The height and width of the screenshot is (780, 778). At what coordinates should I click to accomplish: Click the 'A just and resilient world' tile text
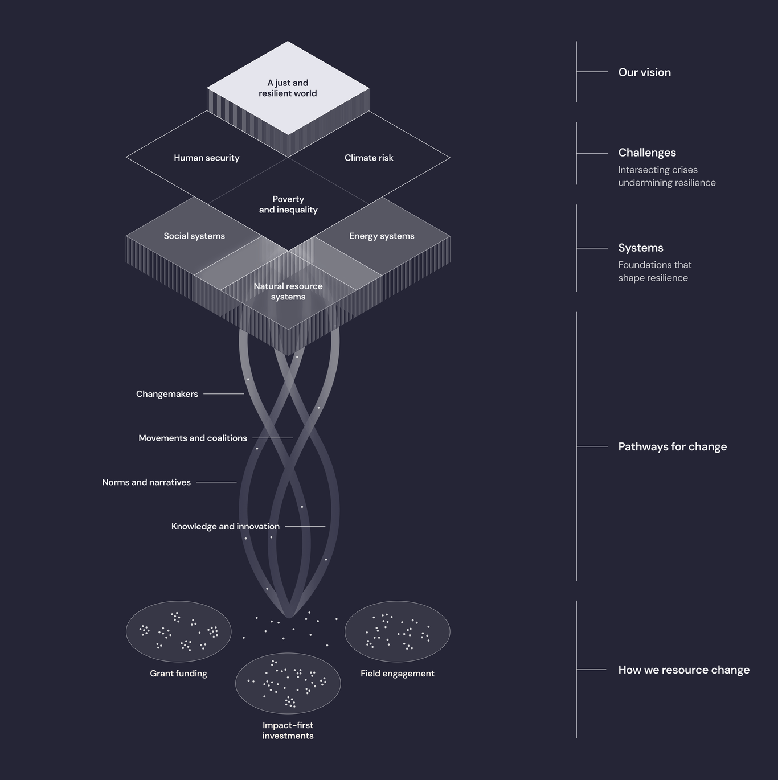tap(288, 88)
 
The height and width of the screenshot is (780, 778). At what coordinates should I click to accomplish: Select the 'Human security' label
tap(206, 158)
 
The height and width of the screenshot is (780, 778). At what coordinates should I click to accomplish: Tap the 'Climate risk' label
tap(368, 158)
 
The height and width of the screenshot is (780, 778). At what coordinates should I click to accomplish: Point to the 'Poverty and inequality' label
tap(288, 204)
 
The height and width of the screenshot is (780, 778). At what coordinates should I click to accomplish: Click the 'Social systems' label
tap(194, 236)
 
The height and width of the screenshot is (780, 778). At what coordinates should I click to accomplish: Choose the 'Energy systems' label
tap(382, 236)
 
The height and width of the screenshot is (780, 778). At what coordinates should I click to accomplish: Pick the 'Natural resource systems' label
tap(288, 292)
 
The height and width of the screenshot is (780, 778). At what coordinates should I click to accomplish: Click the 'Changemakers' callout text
tap(167, 394)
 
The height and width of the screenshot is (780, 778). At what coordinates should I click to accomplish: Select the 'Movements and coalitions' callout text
tap(193, 438)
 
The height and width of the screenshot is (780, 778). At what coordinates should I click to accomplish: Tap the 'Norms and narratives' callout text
tap(146, 482)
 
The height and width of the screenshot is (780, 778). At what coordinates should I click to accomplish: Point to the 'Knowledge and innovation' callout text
tap(226, 527)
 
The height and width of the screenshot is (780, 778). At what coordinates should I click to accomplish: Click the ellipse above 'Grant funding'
tap(178, 631)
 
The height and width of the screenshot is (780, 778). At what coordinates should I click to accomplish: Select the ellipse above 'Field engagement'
tap(398, 631)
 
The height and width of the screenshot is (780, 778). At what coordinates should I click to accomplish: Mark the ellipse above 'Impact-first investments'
tap(288, 683)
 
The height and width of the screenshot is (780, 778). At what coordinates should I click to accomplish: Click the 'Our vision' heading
tap(644, 72)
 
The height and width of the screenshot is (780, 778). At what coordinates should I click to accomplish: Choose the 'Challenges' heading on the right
tap(647, 153)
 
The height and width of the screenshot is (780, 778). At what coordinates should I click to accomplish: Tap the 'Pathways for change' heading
tap(672, 447)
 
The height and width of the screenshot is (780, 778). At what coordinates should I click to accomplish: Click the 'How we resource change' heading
tap(683, 670)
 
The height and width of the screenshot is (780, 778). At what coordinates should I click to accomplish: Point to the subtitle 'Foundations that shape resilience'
tap(654, 272)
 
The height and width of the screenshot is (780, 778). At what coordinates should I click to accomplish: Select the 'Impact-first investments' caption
tap(288, 730)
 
